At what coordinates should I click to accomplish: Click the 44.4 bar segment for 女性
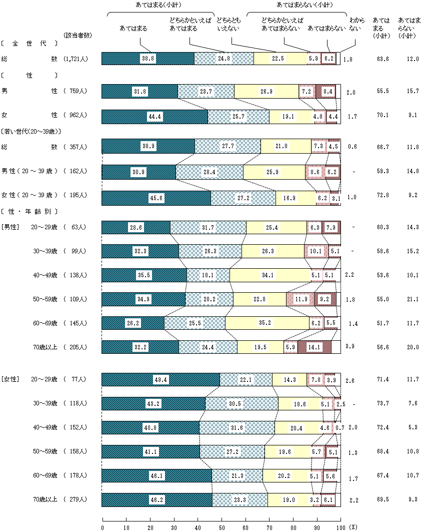tap(154, 117)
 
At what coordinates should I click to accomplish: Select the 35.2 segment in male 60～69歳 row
tap(267, 323)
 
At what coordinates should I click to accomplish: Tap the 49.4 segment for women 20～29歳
tap(160, 380)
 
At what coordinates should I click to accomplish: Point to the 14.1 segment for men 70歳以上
tap(314, 347)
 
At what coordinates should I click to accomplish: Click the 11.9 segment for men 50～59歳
tap(301, 299)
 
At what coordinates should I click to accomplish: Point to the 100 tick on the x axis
tap(340, 527)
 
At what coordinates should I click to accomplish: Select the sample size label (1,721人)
tap(76, 59)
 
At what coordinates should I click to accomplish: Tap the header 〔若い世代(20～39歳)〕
tap(31, 132)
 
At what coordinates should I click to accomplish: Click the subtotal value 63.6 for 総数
tap(382, 59)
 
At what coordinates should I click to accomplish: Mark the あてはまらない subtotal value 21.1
tap(412, 299)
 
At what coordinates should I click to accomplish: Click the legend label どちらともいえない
tap(228, 25)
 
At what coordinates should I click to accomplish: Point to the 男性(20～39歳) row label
tap(30, 171)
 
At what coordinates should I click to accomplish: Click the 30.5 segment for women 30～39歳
tap(241, 404)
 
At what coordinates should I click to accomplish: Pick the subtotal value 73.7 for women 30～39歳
tap(382, 404)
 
